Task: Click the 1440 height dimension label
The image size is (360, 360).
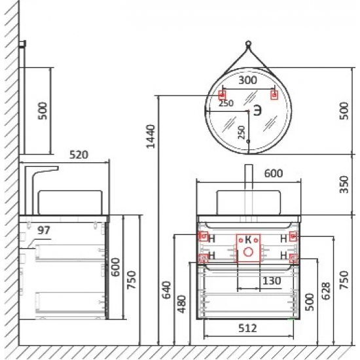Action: pyautogui.click(x=151, y=136)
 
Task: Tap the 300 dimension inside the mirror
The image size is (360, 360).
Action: pyautogui.click(x=247, y=81)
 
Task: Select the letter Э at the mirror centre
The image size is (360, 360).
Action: pyautogui.click(x=258, y=111)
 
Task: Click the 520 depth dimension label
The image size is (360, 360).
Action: pyautogui.click(x=79, y=154)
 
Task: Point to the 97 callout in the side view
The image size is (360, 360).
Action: pyautogui.click(x=44, y=230)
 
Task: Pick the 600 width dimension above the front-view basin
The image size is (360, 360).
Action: pyautogui.click(x=274, y=173)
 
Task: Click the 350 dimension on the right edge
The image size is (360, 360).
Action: pyautogui.click(x=344, y=185)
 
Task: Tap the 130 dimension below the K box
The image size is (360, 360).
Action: pyautogui.click(x=272, y=281)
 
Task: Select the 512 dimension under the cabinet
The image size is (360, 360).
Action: pyautogui.click(x=247, y=329)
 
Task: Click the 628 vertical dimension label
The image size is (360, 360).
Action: pyautogui.click(x=326, y=291)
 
